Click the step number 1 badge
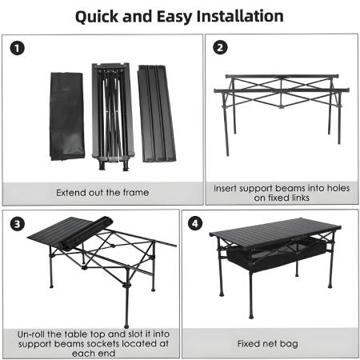pos(18,48)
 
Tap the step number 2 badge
pos(221,48)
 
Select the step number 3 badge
pos(18,225)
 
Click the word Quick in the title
pos(101,16)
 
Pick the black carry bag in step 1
pos(66,116)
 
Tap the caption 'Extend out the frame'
pos(102,192)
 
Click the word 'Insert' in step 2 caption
pos(228,189)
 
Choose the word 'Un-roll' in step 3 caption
pos(37,333)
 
